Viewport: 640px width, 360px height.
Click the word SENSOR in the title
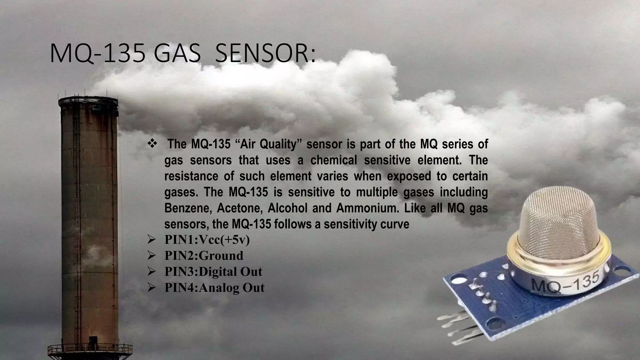click(265, 54)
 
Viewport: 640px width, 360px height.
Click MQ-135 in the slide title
click(97, 54)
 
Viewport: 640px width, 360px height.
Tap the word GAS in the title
click(177, 54)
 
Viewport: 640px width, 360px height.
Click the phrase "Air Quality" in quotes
click(268, 144)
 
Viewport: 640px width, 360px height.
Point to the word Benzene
click(188, 208)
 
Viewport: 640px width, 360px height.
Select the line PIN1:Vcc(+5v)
click(207, 240)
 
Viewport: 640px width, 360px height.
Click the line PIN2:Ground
click(204, 256)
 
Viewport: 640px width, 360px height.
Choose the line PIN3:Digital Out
click(213, 272)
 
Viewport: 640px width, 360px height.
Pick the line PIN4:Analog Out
click(214, 287)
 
